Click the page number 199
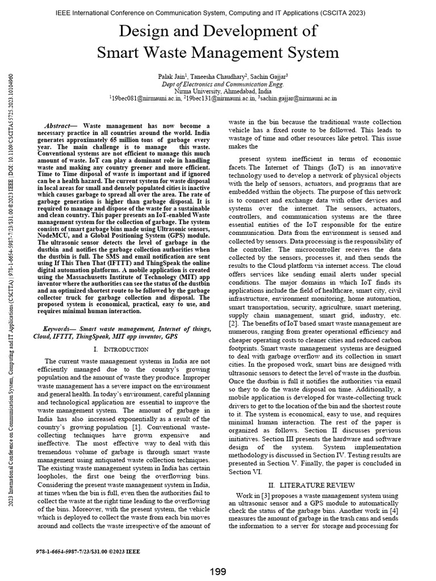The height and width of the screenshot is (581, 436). tap(218, 571)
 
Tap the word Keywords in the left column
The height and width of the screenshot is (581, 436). tap(60, 329)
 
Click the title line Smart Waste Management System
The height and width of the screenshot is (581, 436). tap(218, 53)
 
